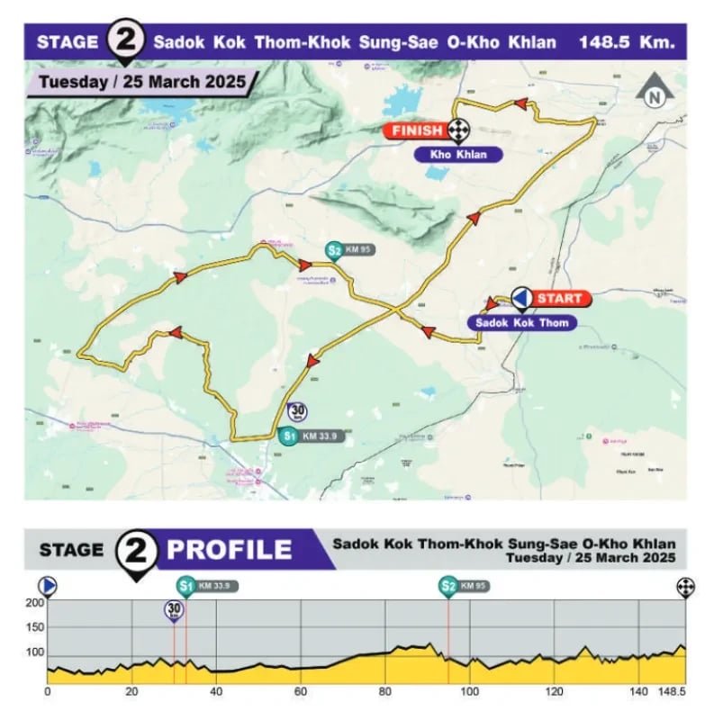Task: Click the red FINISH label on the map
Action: pos(417,131)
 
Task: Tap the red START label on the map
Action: pos(558,298)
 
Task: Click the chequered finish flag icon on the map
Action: pos(460,131)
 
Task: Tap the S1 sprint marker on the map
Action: pos(288,437)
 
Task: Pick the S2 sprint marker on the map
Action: pos(334,251)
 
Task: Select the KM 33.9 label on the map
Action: pos(322,437)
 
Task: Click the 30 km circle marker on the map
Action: pos(299,410)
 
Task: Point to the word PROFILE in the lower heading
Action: pos(230,550)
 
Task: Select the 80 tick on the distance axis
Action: pos(385,692)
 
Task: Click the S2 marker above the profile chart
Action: pos(447,587)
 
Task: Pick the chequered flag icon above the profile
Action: pos(686,587)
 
